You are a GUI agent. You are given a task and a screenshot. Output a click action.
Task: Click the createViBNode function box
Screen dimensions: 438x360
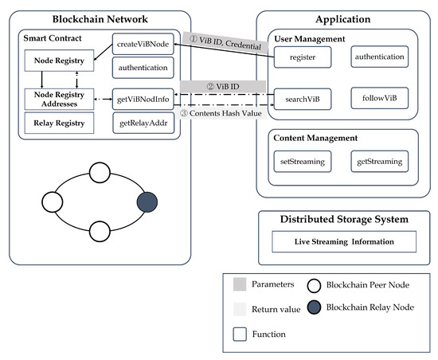tap(143, 44)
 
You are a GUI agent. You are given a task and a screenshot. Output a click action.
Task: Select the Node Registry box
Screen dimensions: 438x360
tap(59, 61)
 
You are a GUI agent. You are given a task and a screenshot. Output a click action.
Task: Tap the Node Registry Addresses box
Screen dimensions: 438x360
tap(59, 99)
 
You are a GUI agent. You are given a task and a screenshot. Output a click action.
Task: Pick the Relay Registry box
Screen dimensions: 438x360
tap(59, 123)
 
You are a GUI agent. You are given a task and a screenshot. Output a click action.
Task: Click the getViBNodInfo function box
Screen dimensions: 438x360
tap(143, 99)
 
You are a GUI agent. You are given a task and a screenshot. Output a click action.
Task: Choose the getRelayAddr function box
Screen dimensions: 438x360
tap(143, 123)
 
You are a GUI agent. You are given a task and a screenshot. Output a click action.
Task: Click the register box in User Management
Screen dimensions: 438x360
tap(303, 57)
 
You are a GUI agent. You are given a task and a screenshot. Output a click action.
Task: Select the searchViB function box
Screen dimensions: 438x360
tap(303, 99)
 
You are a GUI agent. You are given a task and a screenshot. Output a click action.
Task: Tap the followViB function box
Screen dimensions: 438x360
tap(380, 98)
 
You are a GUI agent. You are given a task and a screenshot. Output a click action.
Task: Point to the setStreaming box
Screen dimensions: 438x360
tap(303, 162)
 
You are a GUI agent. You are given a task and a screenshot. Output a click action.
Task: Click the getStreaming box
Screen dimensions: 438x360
tap(380, 162)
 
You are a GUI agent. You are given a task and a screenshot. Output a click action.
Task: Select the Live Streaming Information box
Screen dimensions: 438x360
tap(344, 241)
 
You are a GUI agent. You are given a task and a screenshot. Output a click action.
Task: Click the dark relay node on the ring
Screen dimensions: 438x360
tap(147, 202)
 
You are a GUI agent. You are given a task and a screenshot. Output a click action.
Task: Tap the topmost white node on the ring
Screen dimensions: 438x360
tap(100, 173)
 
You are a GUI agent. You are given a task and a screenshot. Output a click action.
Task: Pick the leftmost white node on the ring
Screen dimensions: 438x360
tap(53, 202)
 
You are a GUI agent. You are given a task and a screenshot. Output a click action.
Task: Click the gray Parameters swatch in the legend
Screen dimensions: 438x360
tap(240, 284)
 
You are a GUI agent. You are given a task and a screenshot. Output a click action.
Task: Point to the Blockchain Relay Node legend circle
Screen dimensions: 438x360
tap(314, 307)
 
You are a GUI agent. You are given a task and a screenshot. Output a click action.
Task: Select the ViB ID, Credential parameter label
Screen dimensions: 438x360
tap(225, 43)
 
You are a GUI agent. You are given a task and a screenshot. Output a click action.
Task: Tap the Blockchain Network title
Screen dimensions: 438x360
tap(100, 19)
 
